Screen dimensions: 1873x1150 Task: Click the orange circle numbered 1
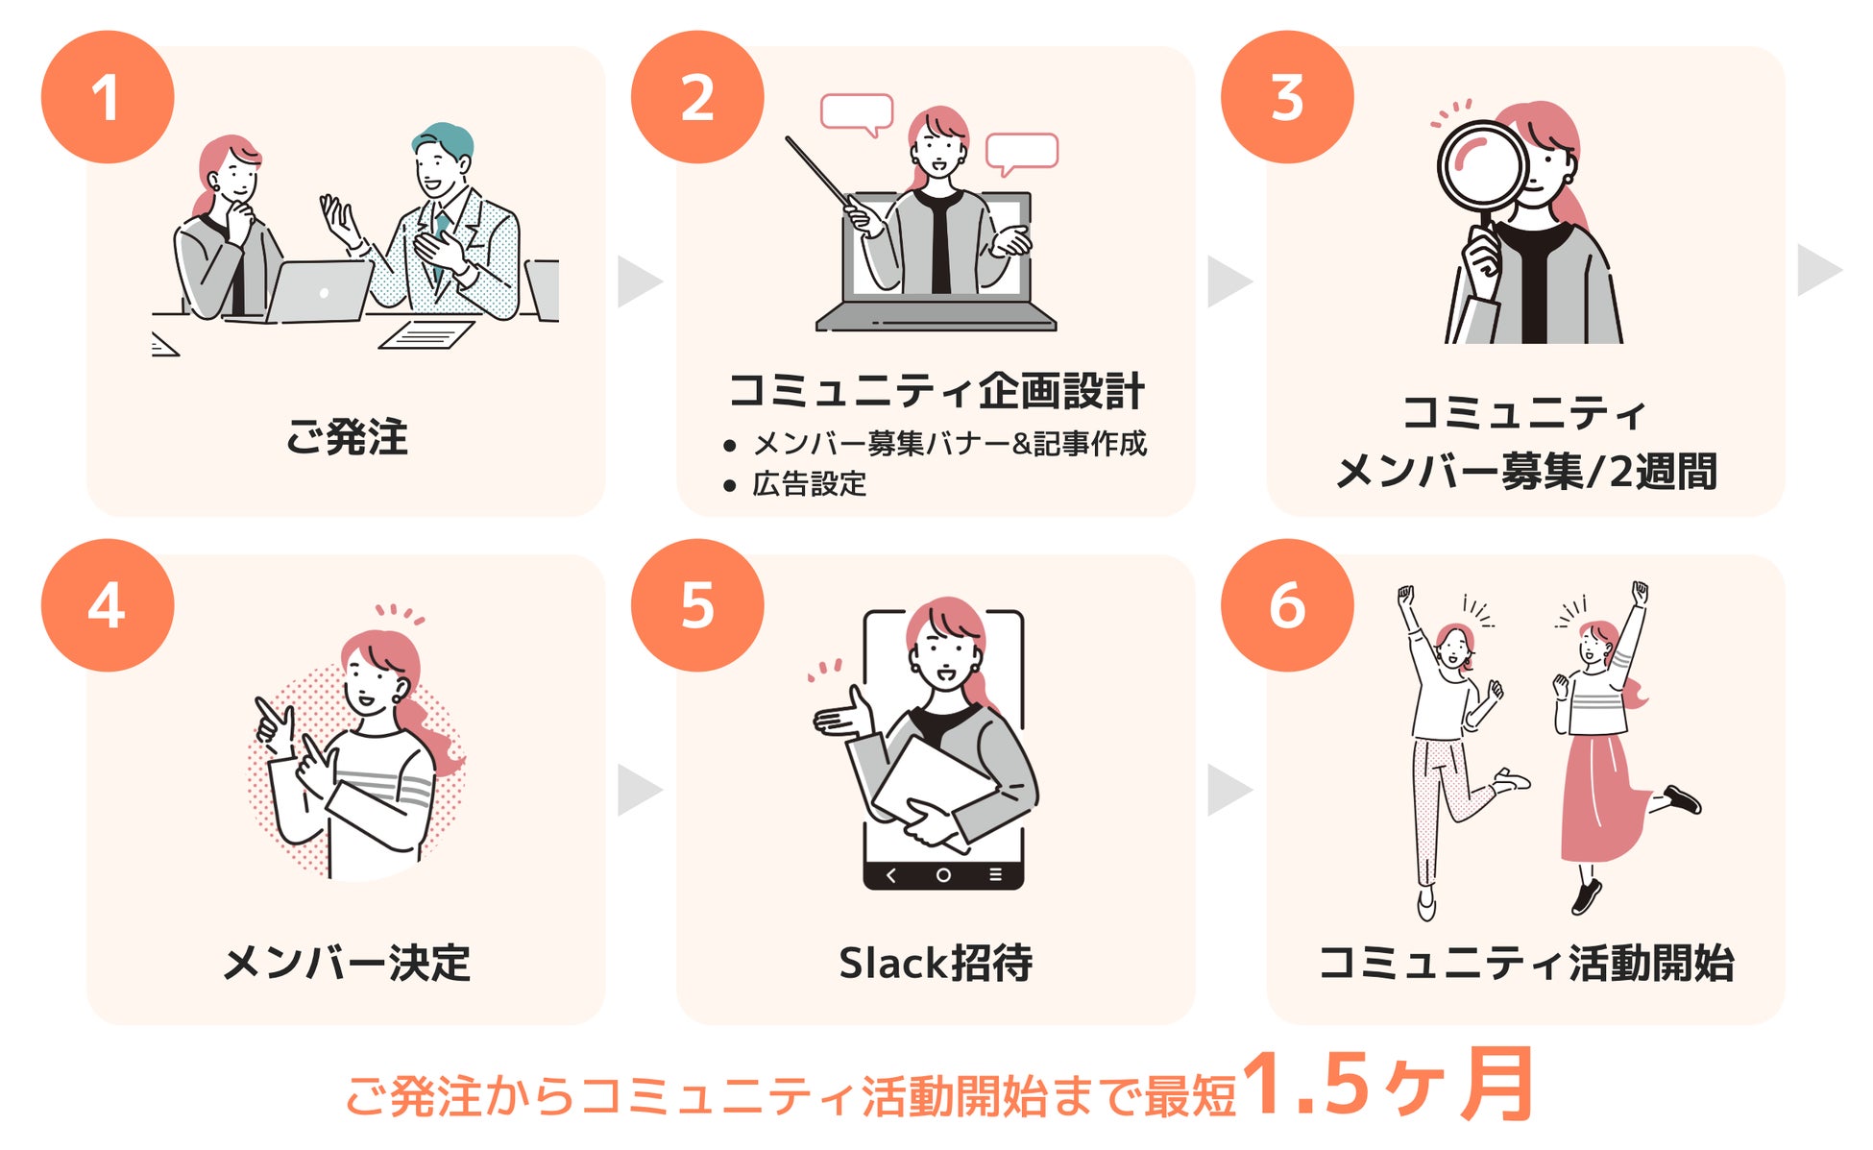tap(108, 97)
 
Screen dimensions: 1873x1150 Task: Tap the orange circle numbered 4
tap(108, 605)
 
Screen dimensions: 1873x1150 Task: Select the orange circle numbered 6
tap(1287, 605)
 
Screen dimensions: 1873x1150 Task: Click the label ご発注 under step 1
tap(347, 437)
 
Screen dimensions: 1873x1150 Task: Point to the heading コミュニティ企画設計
tap(936, 391)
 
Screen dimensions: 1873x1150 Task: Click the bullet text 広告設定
tap(809, 484)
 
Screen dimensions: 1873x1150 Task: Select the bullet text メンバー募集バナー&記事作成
tap(949, 443)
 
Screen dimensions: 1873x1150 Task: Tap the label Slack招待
tap(936, 963)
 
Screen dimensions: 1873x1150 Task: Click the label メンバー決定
tap(347, 963)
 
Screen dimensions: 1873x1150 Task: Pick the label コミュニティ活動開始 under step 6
tap(1526, 963)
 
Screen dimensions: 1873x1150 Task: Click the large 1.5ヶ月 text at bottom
tap(1387, 1086)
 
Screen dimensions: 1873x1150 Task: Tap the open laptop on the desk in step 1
tap(320, 291)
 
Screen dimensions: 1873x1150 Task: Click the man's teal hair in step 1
tap(444, 139)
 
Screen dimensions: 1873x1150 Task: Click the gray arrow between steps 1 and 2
tap(639, 281)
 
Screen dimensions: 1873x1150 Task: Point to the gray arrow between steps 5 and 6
tap(1228, 790)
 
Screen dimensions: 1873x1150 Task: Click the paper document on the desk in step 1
tap(426, 334)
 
